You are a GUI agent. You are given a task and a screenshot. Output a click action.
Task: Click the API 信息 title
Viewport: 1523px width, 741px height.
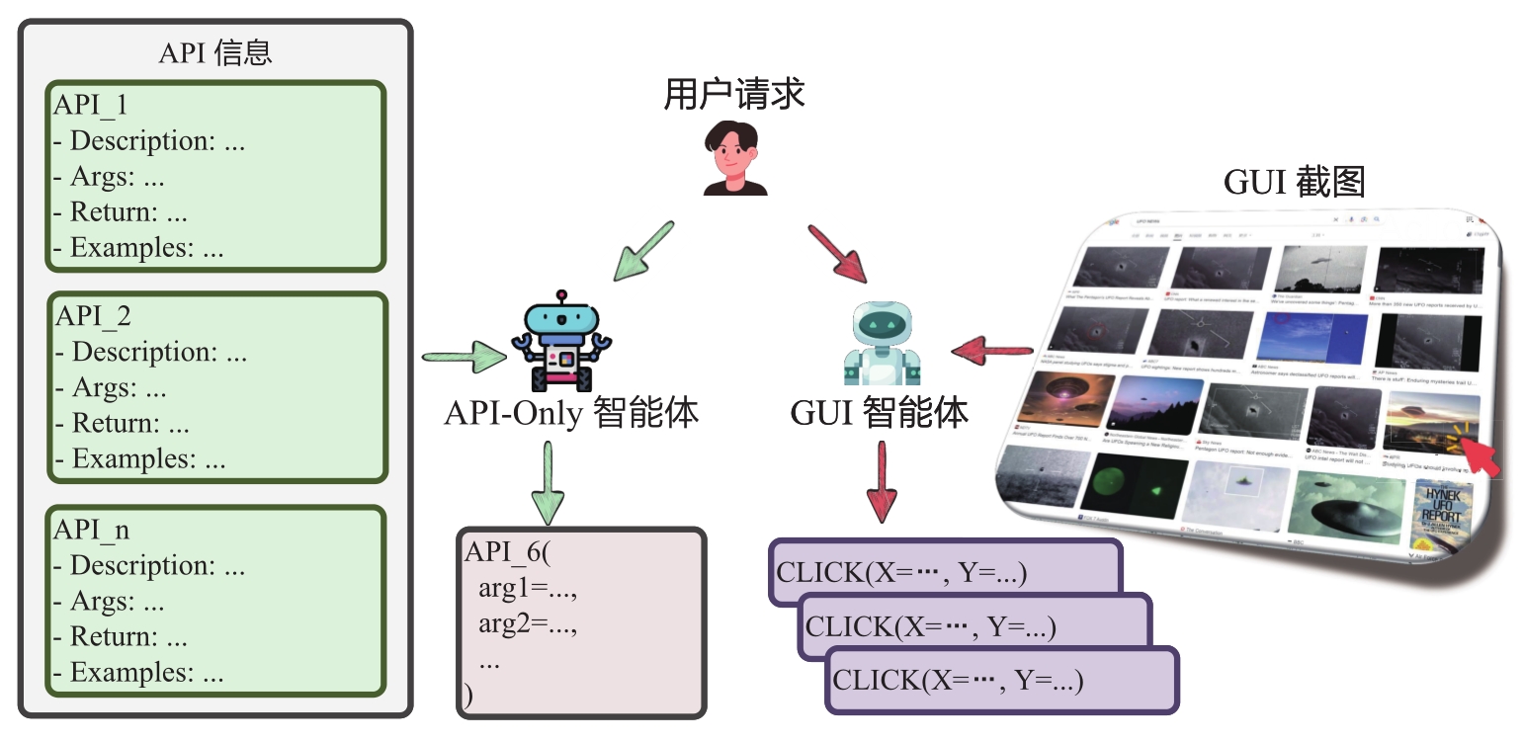[214, 53]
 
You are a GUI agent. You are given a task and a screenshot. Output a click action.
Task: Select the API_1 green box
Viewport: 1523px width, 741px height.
[215, 177]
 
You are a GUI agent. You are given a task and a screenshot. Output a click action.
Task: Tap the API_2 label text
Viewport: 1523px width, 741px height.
[93, 316]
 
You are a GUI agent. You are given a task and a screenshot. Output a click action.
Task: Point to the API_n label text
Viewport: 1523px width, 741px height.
[92, 530]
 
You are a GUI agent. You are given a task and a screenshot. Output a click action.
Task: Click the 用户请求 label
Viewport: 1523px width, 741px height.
[733, 94]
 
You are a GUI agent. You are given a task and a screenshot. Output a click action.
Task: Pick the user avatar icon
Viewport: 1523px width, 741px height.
[733, 158]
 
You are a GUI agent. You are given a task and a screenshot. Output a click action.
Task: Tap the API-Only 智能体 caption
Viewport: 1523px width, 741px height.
[571, 412]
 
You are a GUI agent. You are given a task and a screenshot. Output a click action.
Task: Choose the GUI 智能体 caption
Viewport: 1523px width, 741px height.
[880, 412]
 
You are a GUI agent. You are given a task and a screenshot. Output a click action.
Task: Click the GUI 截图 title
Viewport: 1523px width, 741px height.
[1294, 182]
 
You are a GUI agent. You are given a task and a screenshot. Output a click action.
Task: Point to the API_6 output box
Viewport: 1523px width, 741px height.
[581, 621]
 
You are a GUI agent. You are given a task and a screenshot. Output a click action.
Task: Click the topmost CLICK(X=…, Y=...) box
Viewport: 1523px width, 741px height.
[945, 572]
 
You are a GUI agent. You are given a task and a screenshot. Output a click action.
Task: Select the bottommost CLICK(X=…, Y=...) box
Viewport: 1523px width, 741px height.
[1002, 680]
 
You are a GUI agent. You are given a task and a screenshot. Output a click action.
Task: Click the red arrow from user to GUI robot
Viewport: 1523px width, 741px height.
[836, 254]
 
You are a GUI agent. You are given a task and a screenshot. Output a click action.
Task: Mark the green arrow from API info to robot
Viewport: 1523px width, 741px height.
[463, 356]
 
